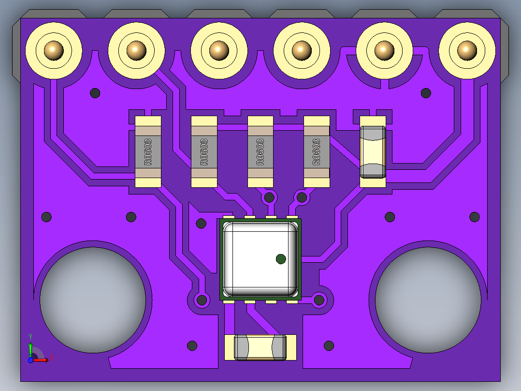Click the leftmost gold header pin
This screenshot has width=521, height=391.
54,51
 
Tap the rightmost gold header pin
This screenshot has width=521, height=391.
467,51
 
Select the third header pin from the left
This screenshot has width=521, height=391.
219,51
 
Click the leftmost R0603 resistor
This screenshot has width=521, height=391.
148,152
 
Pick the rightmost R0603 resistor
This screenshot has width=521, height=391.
317,152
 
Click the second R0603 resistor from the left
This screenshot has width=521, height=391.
204,152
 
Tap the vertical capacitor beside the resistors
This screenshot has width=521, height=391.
373,152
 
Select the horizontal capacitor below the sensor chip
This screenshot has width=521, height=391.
260,347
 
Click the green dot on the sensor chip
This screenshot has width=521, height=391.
281,259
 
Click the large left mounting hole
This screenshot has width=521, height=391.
93,300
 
